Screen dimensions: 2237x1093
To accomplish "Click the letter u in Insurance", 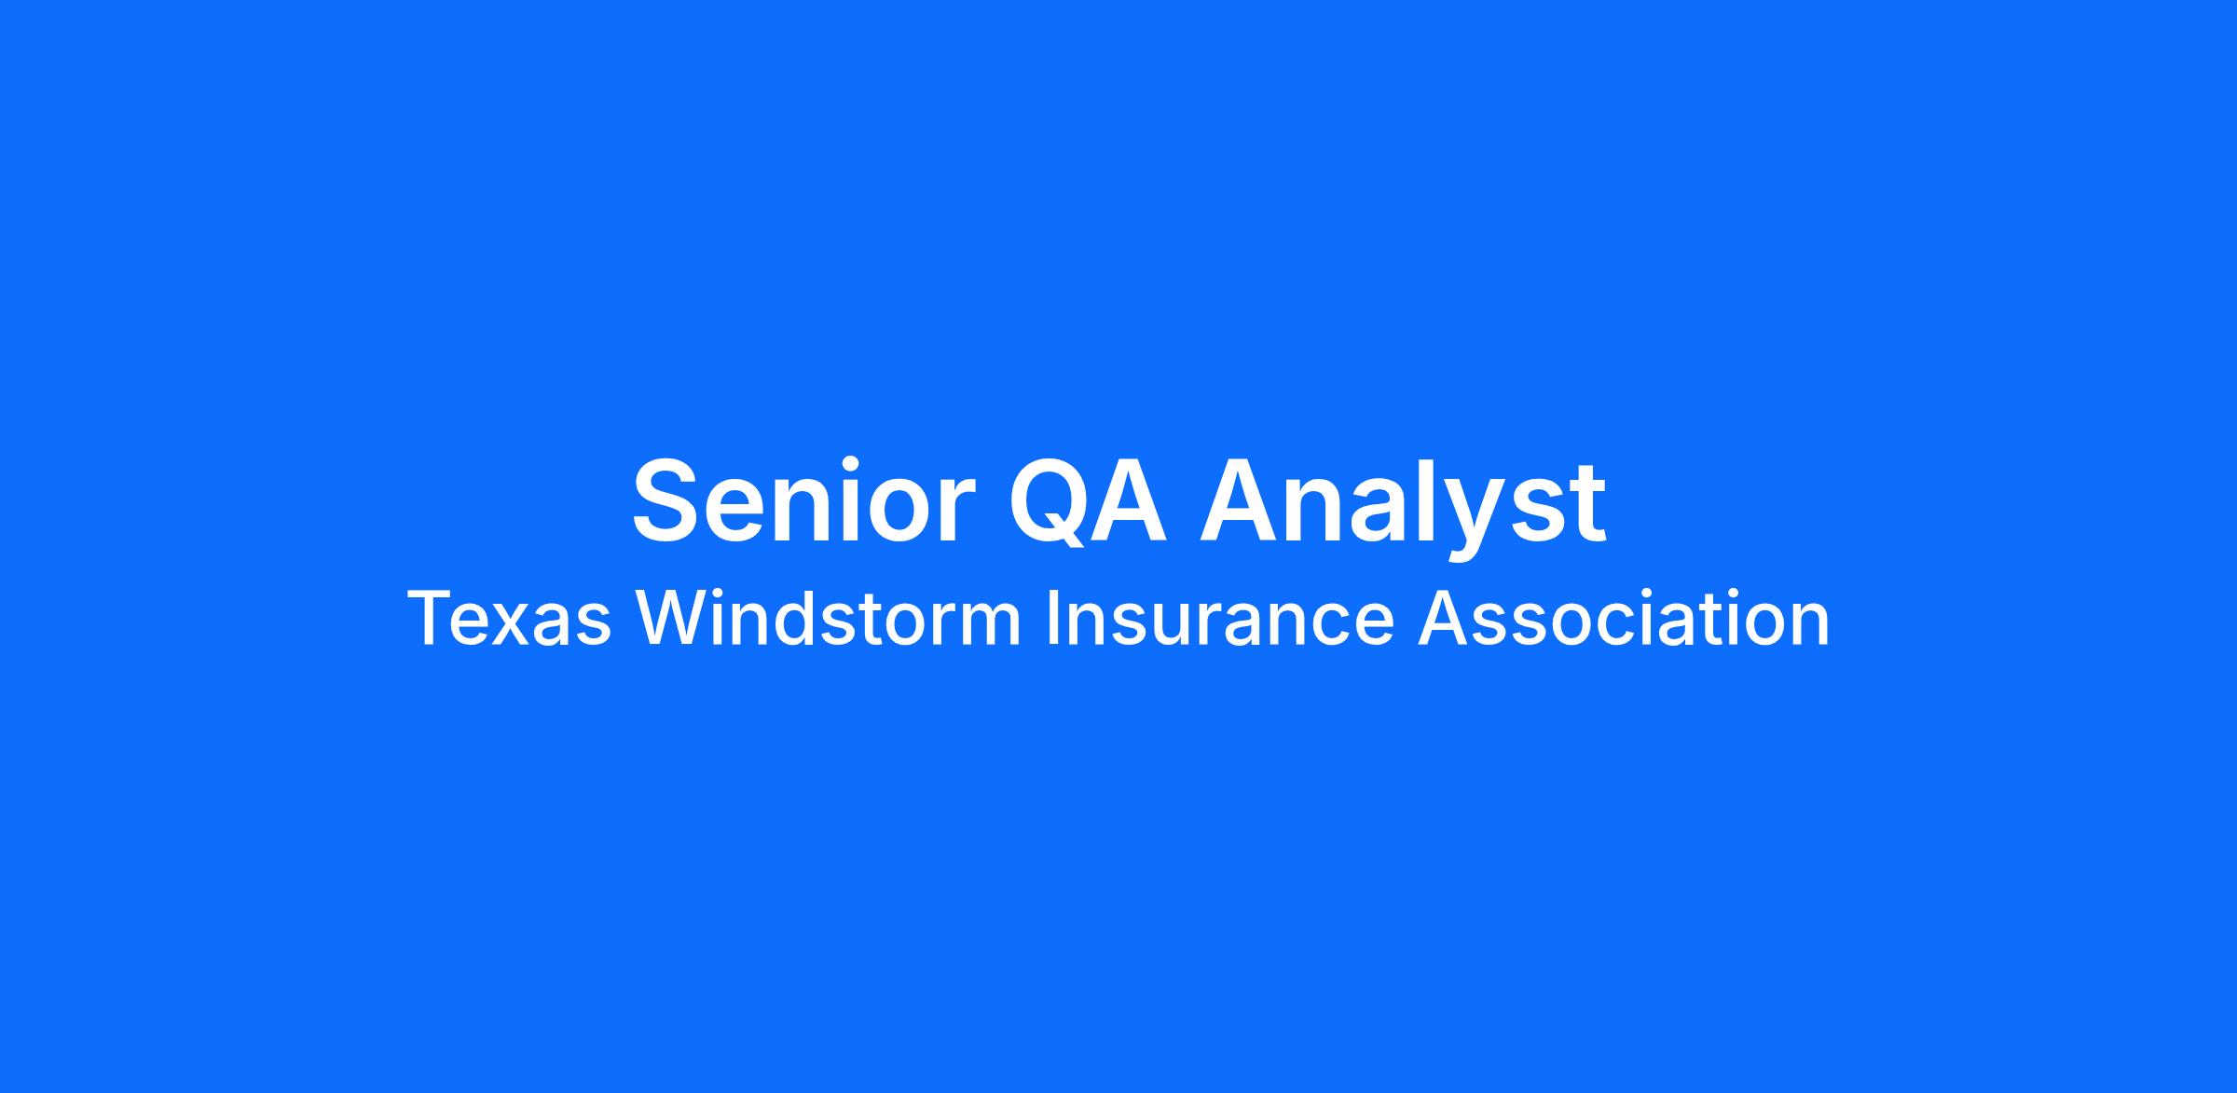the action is coord(1154,625).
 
